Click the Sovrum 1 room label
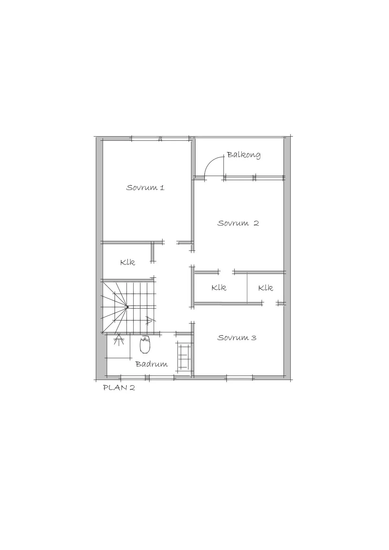tap(145, 188)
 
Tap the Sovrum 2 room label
tap(238, 223)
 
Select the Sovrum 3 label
tap(237, 338)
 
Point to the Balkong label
tap(243, 155)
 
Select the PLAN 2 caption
tap(119, 388)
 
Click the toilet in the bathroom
tap(145, 345)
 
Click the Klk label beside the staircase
tap(127, 262)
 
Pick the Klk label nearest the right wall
tap(265, 288)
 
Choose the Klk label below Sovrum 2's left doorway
tap(219, 288)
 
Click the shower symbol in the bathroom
tap(119, 339)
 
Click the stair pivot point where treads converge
tap(127, 307)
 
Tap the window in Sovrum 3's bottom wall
tap(240, 378)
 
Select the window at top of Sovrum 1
tap(160, 139)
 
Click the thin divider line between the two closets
tap(247, 289)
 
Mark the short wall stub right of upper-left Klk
tap(153, 252)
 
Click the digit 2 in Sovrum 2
tap(256, 223)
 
